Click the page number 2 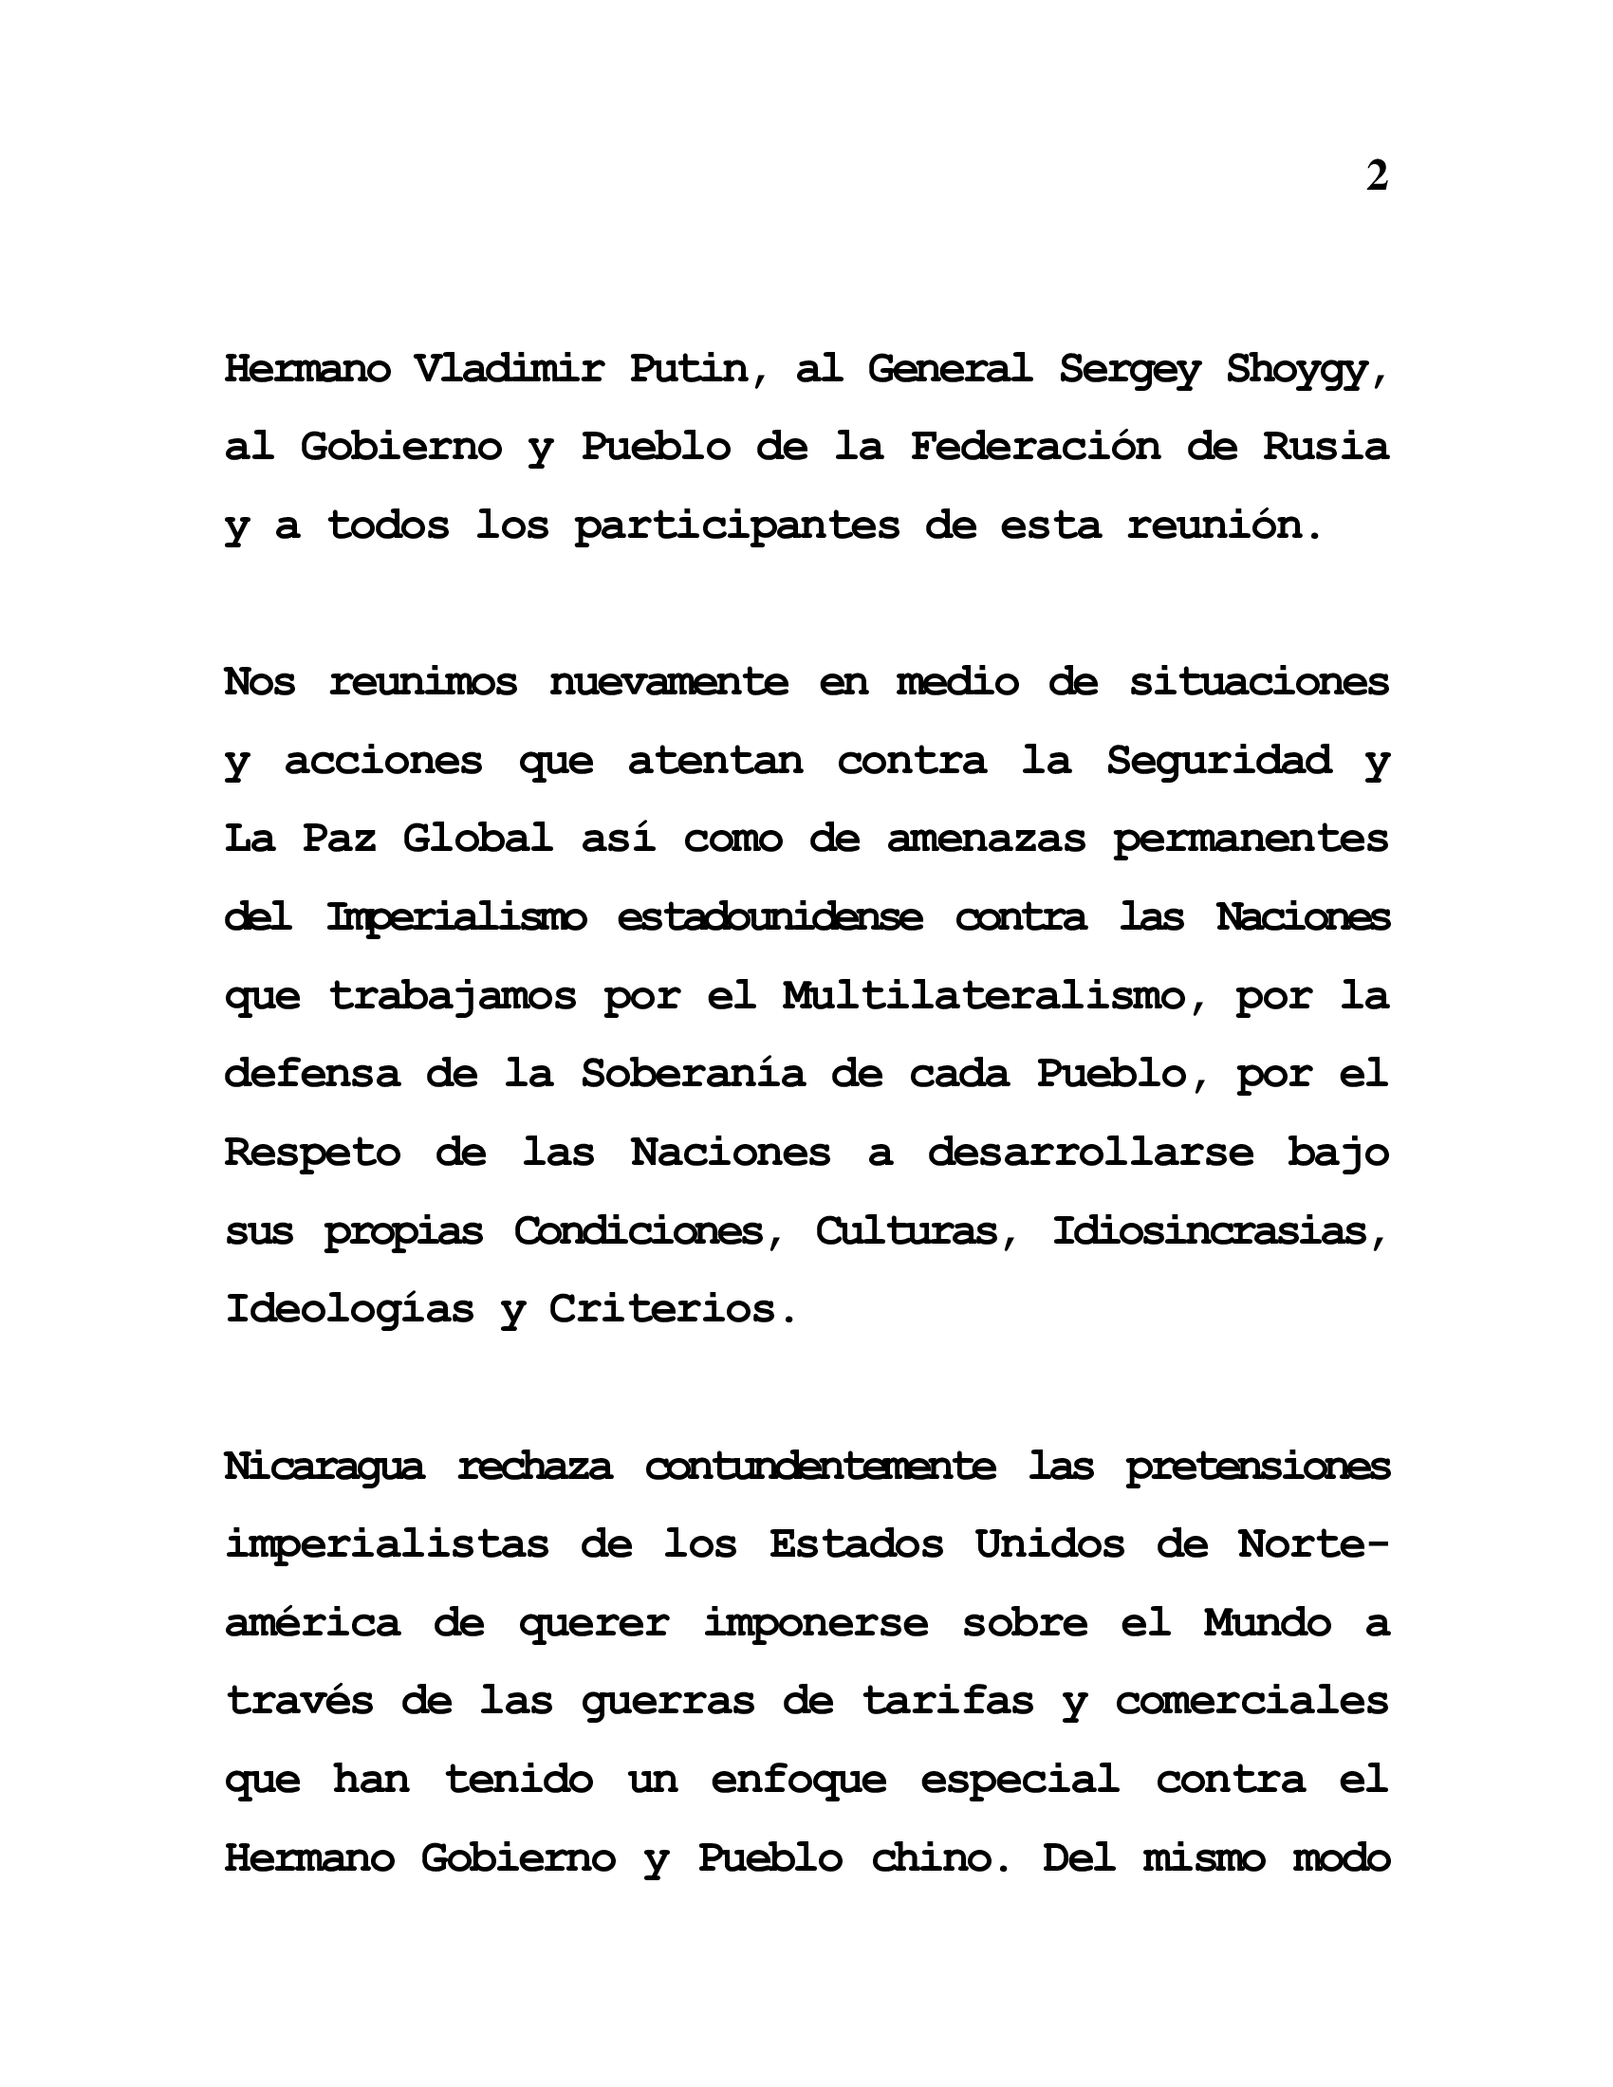pyautogui.click(x=1376, y=175)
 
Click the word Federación pyautogui.click(x=1035, y=446)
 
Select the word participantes pyautogui.click(x=736, y=526)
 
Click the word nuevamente pyautogui.click(x=669, y=682)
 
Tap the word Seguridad pyautogui.click(x=1218, y=762)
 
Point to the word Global pyautogui.click(x=478, y=839)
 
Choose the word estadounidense pyautogui.click(x=770, y=917)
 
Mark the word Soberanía pyautogui.click(x=693, y=1074)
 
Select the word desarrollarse pyautogui.click(x=1090, y=1153)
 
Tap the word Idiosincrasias pyautogui.click(x=1219, y=1230)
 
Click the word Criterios pyautogui.click(x=672, y=1309)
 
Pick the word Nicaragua pyautogui.click(x=324, y=1467)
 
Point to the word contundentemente pyautogui.click(x=821, y=1466)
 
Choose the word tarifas pyautogui.click(x=949, y=1702)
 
